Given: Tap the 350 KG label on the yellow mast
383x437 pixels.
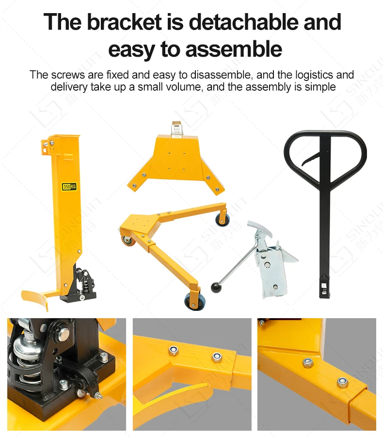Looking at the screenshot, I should click(x=69, y=187).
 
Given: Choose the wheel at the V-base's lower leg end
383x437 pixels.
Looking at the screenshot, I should click(x=193, y=302).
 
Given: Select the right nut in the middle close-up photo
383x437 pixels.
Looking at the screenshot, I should click(x=216, y=358).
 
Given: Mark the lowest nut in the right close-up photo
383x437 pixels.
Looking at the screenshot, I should click(x=342, y=383).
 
